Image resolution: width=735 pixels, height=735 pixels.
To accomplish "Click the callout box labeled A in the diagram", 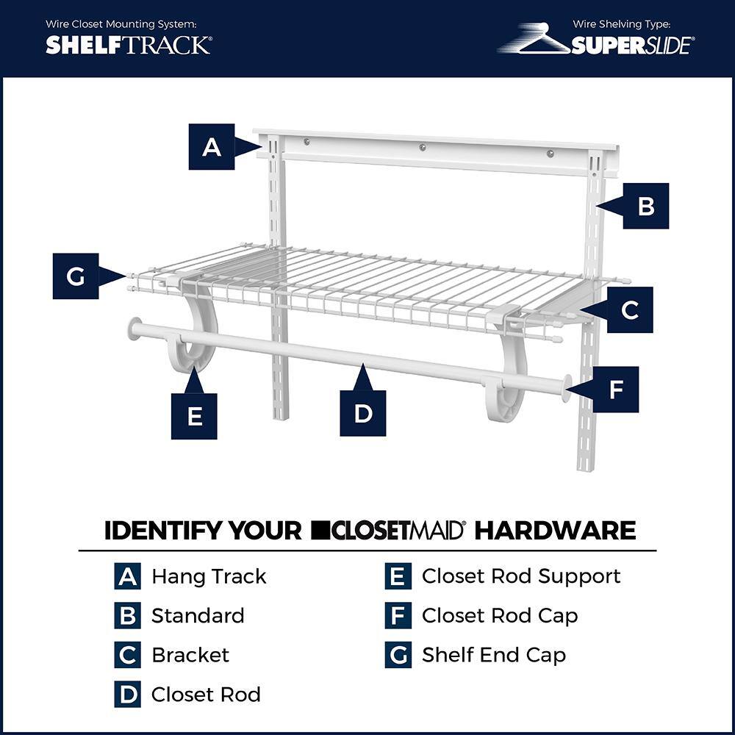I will tap(212, 147).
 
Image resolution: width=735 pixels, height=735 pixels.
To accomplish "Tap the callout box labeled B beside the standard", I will tap(645, 206).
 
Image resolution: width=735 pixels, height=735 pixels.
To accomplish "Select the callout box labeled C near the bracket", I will tap(629, 310).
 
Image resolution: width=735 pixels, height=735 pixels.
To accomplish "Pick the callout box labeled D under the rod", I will tap(363, 413).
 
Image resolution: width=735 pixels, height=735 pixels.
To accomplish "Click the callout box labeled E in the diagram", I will tap(194, 416).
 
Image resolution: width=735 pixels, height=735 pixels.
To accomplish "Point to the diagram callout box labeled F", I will tap(615, 390).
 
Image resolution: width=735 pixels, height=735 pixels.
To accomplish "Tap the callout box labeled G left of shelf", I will tap(76, 276).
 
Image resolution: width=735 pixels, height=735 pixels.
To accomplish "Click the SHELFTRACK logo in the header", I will tap(128, 45).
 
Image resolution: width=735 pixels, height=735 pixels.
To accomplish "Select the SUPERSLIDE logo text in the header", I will tap(631, 46).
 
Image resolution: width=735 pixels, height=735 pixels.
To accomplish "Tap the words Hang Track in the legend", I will tap(209, 576).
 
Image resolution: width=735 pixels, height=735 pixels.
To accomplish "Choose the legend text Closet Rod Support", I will tap(520, 576).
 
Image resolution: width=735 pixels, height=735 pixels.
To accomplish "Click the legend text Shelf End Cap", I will tap(493, 655).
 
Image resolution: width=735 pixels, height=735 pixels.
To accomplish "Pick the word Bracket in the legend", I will tap(190, 655).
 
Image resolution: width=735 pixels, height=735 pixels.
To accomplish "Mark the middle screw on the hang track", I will tap(423, 148).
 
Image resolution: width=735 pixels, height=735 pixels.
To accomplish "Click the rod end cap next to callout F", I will tap(566, 388).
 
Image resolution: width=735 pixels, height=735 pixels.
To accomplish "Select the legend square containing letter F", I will tap(398, 616).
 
